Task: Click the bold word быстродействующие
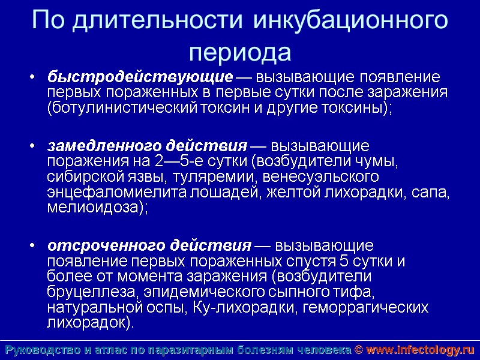point(140,78)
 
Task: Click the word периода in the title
point(240,52)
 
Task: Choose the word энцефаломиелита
point(117,192)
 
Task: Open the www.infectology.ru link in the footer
point(420,350)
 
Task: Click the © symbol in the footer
point(358,350)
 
